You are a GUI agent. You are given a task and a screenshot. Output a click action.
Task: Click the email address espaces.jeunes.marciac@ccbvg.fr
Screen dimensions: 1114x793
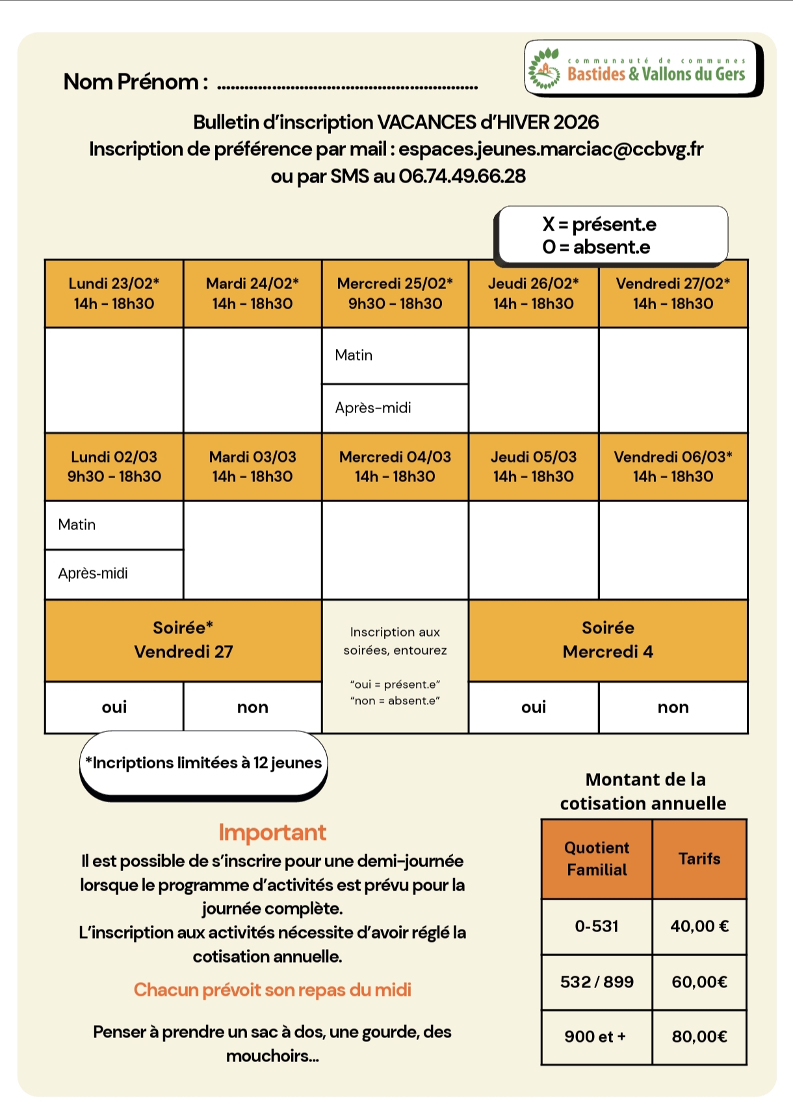551,149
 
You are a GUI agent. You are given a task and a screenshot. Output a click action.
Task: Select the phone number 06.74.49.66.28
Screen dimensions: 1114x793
462,177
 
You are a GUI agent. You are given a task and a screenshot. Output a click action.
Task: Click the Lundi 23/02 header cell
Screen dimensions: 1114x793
114,294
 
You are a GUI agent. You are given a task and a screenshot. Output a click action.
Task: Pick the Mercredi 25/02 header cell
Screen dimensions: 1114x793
395,294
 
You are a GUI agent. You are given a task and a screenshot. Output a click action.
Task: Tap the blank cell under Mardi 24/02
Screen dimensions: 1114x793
252,380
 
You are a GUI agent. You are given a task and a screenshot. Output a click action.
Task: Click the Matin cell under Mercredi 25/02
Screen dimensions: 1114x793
395,355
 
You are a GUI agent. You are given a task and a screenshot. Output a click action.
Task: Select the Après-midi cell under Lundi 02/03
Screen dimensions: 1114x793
114,574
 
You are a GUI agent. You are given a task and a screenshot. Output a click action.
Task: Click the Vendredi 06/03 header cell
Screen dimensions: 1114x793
673,466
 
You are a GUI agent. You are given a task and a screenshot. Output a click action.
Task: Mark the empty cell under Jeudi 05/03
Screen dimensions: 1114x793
533,550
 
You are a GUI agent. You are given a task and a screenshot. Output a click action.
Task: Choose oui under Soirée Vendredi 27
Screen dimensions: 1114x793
114,707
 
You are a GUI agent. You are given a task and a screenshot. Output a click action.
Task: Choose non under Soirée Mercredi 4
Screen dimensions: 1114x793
673,707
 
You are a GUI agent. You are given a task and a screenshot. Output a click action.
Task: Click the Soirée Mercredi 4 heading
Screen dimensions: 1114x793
608,640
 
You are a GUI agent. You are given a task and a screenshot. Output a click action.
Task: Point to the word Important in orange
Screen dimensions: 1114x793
272,833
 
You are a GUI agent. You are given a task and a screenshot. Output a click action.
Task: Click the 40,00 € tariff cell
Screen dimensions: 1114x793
699,926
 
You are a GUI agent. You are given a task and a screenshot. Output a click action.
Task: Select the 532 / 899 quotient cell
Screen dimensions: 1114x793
597,982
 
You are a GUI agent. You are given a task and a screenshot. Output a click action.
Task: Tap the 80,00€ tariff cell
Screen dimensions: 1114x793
699,1037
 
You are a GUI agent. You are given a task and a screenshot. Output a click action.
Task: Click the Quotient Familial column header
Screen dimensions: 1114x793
597,859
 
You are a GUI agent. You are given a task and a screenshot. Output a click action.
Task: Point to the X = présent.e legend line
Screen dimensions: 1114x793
599,225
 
